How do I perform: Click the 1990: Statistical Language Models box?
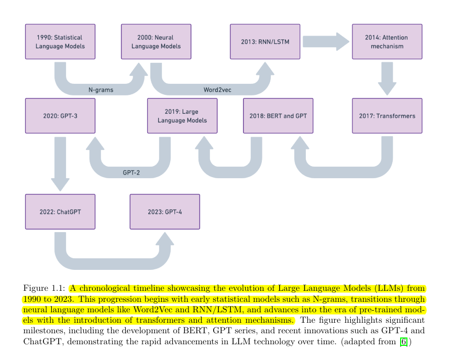(60, 42)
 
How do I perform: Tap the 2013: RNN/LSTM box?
(265, 42)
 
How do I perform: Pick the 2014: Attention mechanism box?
(387, 42)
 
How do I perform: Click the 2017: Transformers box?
(387, 116)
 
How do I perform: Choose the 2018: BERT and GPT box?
(278, 116)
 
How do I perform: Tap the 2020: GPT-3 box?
(60, 116)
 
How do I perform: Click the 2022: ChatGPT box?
(60, 212)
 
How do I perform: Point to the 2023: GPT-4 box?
(165, 212)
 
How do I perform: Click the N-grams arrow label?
(101, 90)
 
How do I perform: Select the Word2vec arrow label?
(217, 90)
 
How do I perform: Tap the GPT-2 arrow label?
(132, 172)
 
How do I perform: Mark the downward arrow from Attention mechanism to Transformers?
(387, 78)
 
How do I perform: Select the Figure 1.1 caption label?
(45, 288)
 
